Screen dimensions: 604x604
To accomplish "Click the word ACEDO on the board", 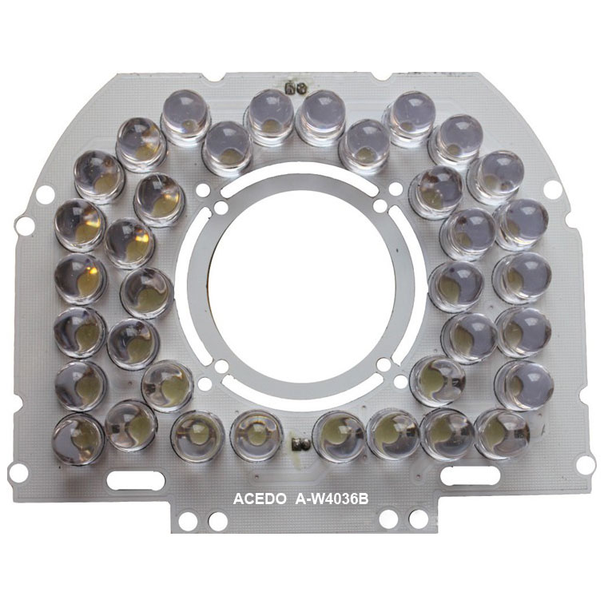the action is [259, 499].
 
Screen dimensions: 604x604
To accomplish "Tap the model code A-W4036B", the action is [332, 499].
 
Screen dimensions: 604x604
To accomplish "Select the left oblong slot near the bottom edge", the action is [136, 480].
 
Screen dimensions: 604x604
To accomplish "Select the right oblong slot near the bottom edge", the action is [470, 475].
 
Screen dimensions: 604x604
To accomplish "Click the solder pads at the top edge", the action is [296, 88].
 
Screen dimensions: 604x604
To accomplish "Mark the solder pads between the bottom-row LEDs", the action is [301, 444].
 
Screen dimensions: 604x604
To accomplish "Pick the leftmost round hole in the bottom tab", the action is [188, 521].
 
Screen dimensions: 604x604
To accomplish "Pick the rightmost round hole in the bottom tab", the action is [419, 519].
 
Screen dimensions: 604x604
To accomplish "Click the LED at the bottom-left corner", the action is [78, 439].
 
